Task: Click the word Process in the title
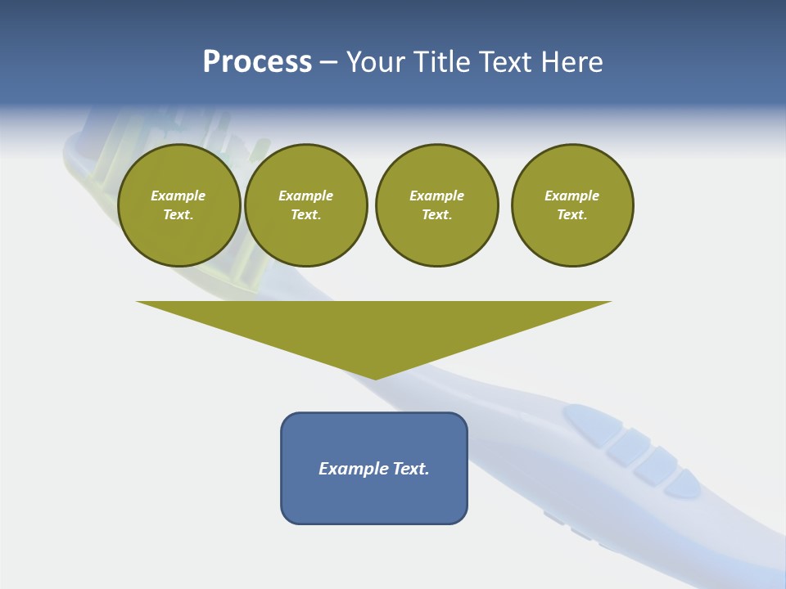(257, 62)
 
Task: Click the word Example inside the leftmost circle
(178, 196)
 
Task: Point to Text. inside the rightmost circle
(571, 215)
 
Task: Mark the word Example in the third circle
(436, 196)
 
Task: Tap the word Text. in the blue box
(411, 469)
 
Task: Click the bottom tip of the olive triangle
(375, 378)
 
